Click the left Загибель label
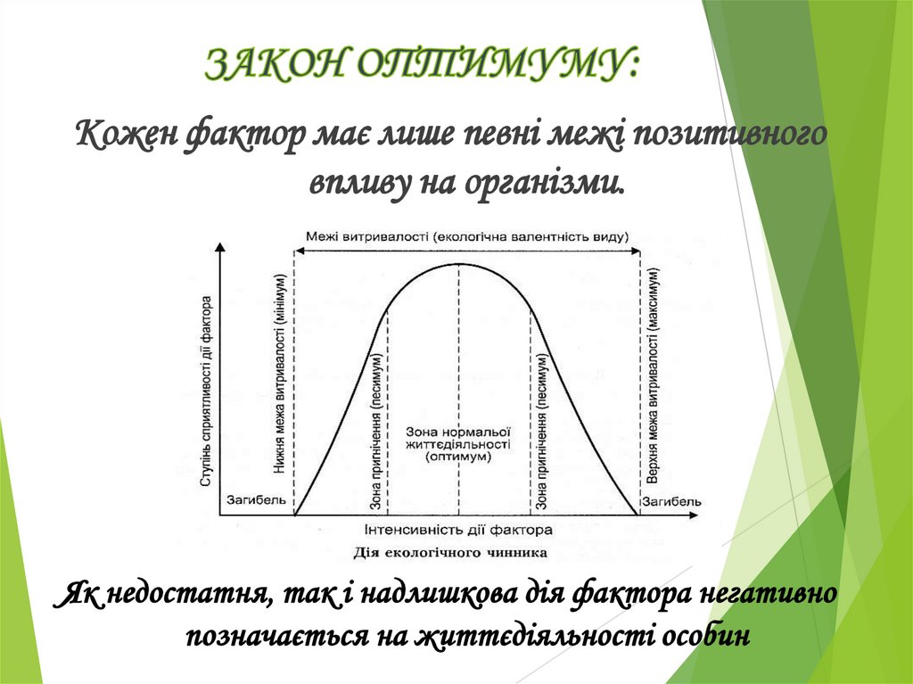tap(257, 501)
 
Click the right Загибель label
tap(674, 501)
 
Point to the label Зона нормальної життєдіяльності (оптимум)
tap(458, 443)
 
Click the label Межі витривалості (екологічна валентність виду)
tap(466, 237)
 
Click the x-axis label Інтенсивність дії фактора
tap(458, 530)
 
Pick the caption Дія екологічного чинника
tap(450, 552)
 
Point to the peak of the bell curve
tap(458, 264)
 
